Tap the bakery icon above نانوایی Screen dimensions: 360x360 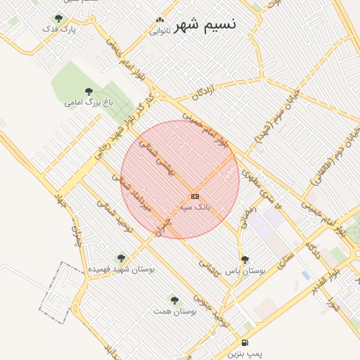[x=160, y=20]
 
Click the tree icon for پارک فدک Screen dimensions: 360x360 [x=58, y=18]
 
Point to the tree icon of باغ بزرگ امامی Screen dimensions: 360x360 [x=89, y=91]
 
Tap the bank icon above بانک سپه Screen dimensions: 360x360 [x=195, y=196]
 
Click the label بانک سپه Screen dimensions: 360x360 [x=195, y=207]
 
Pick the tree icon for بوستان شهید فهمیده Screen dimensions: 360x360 [x=121, y=258]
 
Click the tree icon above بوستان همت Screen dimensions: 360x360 [x=174, y=300]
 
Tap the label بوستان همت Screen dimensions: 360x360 [x=174, y=311]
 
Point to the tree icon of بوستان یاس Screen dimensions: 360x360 [x=245, y=259]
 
